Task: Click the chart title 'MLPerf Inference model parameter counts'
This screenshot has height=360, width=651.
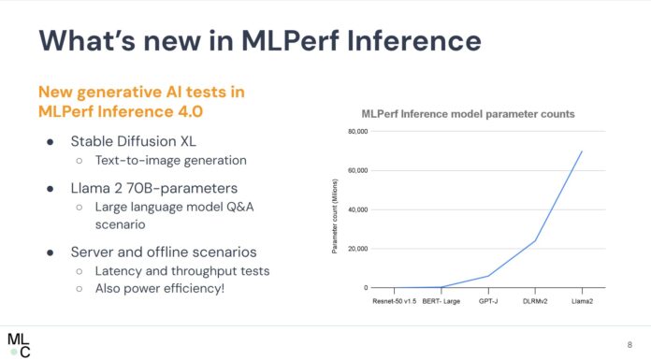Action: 468,113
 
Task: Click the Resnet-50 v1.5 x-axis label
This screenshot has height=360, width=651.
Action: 395,303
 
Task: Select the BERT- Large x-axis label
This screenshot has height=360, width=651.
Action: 441,303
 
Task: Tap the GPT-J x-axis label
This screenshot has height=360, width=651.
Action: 488,303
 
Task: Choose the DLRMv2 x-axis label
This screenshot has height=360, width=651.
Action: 535,303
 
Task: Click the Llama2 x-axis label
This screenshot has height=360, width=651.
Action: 582,303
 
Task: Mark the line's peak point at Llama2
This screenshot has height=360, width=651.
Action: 582,151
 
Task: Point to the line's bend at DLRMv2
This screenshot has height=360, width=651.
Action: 535,240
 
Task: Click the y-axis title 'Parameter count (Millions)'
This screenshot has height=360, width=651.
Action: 334,209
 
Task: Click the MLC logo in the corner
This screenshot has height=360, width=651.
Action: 19,342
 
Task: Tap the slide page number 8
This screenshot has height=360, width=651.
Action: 629,342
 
